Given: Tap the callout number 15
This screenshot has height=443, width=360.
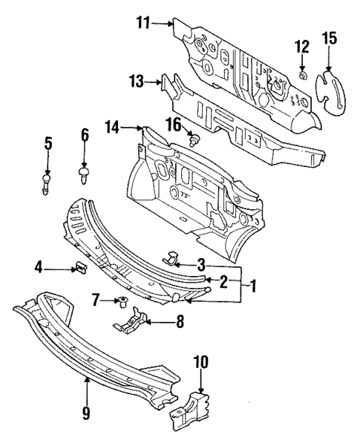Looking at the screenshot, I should [329, 39].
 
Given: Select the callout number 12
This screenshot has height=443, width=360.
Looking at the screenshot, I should [301, 46].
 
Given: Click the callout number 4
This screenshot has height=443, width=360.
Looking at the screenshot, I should [40, 266].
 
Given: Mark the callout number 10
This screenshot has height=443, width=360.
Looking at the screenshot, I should [200, 364].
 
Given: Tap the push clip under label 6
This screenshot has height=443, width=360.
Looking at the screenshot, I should [83, 174].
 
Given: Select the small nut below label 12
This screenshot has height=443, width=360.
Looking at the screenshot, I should [303, 75].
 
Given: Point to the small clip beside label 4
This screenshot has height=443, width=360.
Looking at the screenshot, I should [80, 266].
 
